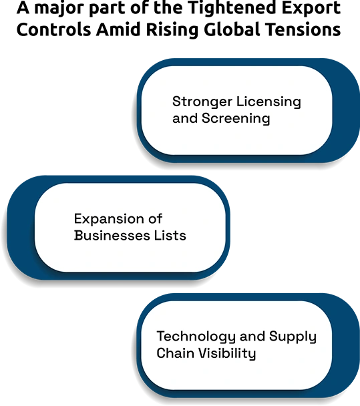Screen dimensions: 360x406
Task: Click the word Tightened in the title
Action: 232,8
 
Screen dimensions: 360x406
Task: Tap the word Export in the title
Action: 311,8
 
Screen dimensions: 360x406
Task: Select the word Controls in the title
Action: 54,29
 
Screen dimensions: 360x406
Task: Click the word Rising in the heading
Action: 172,30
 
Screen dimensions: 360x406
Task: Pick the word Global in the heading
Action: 232,29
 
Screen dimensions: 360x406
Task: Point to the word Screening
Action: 236,119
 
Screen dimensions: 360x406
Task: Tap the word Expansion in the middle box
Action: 108,219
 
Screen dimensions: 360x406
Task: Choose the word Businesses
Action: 112,235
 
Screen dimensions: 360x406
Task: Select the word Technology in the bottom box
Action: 196,337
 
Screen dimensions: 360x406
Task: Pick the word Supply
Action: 293,337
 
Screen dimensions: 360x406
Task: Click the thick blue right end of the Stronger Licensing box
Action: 346,111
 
